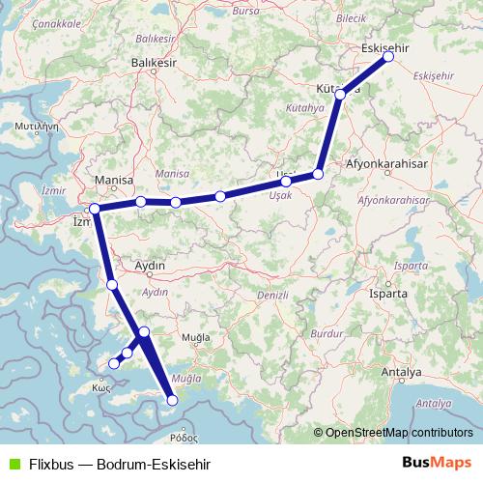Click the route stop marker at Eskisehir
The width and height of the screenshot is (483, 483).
click(x=388, y=57)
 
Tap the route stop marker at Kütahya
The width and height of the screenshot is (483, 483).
click(x=340, y=95)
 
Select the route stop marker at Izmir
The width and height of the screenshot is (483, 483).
click(x=95, y=209)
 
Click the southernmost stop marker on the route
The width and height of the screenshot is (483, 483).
click(x=173, y=400)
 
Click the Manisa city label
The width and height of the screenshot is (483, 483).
click(x=113, y=181)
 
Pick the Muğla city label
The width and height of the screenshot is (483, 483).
click(x=196, y=338)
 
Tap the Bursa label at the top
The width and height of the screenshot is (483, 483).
click(x=246, y=10)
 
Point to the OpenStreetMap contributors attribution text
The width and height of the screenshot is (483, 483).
click(x=399, y=433)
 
